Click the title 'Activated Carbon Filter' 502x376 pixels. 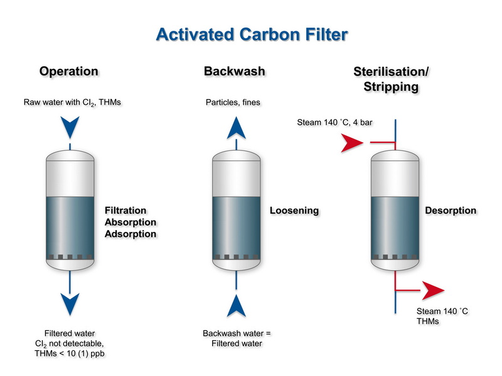[x=251, y=33]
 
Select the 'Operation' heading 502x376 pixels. [x=69, y=71]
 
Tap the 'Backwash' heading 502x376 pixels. [x=235, y=71]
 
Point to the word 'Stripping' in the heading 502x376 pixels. [x=391, y=87]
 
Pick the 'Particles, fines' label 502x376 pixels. [x=233, y=102]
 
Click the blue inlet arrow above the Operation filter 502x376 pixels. [x=70, y=129]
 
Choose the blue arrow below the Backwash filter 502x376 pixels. [x=235, y=307]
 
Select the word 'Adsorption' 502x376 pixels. [x=130, y=234]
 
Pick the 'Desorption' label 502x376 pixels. [x=451, y=211]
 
